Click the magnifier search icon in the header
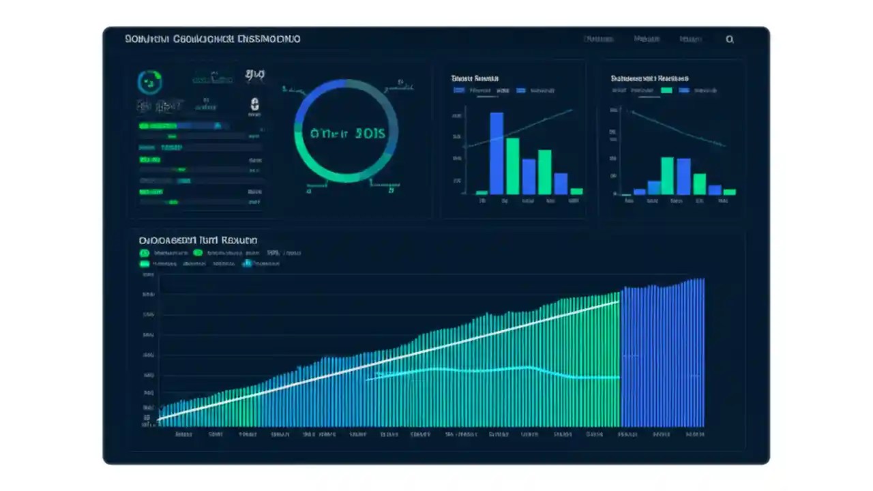point(730,40)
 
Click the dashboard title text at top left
point(212,40)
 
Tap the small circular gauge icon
point(150,83)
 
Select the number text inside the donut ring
point(348,133)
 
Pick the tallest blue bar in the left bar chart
point(497,153)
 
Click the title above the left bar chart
point(475,78)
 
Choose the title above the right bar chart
point(649,78)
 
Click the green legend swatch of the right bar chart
point(666,90)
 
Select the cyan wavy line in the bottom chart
point(491,370)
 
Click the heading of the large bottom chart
point(198,241)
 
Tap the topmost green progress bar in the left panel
point(157,126)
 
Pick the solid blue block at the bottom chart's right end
point(662,355)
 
